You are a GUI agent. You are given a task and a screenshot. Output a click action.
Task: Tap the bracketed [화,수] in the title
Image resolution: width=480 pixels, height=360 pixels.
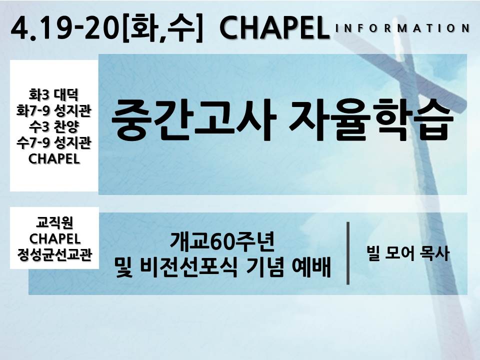coord(162,28)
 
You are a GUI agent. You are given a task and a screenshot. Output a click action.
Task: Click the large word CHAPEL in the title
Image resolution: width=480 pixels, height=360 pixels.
coord(274,28)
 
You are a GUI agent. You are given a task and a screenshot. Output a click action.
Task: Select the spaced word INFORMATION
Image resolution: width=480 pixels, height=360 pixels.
coord(402,28)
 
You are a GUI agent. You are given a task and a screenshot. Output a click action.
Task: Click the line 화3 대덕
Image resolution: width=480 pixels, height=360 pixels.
coord(53,94)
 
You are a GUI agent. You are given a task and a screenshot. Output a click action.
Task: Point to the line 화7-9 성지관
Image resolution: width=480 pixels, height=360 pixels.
coord(53,110)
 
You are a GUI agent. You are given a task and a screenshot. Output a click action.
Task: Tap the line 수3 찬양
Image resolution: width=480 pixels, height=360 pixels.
coord(53,126)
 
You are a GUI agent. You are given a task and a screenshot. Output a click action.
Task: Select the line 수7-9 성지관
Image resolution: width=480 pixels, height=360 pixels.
coord(53,142)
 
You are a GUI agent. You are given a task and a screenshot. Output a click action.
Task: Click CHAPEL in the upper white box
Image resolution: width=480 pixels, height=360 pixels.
coord(54,159)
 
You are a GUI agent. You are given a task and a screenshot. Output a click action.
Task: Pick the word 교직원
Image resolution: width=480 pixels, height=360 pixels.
coord(54,222)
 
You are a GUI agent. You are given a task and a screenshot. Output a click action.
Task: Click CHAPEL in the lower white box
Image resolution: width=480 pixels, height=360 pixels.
coord(54,239)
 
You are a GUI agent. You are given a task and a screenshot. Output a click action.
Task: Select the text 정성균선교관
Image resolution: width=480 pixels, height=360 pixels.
coord(54,254)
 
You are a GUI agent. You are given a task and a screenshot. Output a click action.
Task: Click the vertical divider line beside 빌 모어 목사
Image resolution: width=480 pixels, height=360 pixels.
coord(348,253)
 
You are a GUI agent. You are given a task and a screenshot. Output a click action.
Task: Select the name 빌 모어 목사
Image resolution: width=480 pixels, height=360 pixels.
coord(408,253)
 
